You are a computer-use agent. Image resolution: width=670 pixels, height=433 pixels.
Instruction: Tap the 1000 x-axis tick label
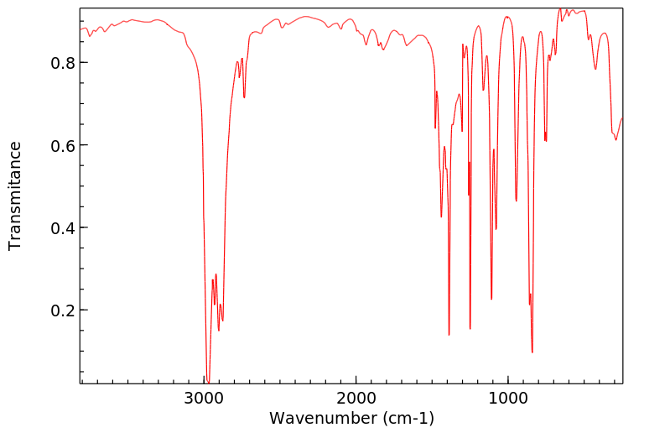pos(507,396)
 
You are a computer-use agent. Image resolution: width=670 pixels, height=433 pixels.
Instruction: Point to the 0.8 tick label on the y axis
pos(65,63)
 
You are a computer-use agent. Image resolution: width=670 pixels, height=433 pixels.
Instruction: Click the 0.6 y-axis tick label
pos(65,145)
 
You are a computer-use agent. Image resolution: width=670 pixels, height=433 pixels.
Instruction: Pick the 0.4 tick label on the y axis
pos(65,227)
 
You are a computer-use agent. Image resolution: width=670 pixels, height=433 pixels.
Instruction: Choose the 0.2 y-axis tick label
pos(65,310)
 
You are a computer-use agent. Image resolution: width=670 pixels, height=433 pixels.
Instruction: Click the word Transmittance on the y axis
pos(15,196)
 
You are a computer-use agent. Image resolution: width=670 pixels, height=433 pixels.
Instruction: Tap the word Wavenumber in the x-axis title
pos(319,418)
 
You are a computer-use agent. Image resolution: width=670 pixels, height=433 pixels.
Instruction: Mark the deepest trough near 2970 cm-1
pos(207,380)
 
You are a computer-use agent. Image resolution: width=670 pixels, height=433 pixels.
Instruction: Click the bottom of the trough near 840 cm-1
pos(532,352)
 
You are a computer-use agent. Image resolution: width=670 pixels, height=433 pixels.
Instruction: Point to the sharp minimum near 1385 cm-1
pos(449,335)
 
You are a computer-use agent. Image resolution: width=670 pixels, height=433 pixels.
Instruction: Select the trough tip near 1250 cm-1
pos(470,329)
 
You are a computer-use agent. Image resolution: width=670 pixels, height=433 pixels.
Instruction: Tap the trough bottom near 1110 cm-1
pos(491,299)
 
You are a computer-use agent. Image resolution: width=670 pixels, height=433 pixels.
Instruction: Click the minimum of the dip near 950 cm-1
pos(517,201)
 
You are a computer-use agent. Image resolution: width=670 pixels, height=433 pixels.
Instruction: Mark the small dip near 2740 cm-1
pos(244,97)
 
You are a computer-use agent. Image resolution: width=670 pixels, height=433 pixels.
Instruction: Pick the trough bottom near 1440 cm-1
pos(441,216)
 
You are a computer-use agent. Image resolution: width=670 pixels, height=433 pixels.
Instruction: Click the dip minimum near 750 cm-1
pos(546,141)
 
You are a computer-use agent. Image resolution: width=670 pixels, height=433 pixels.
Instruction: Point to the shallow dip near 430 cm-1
pos(595,69)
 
